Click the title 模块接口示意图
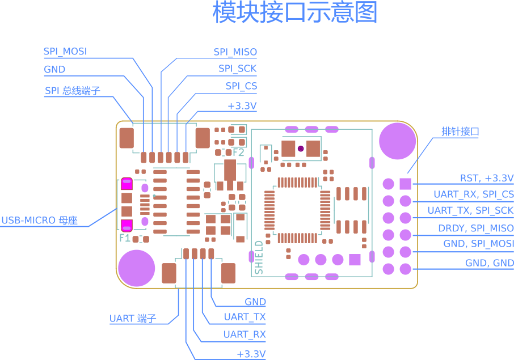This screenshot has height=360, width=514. (x=295, y=12)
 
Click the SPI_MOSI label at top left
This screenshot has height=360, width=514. (x=65, y=52)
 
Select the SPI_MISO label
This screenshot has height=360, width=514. (x=235, y=52)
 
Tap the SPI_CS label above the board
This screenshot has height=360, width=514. (x=241, y=86)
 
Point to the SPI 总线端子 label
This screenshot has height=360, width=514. (x=73, y=91)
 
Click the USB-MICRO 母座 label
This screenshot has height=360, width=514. (x=39, y=221)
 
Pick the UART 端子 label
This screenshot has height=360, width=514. (x=132, y=319)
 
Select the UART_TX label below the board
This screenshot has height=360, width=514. (x=245, y=317)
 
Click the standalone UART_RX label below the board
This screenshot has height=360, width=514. (x=245, y=334)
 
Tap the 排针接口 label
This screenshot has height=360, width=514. (x=460, y=132)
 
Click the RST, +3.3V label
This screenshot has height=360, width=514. (x=486, y=178)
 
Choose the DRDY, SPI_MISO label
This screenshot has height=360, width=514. (x=475, y=228)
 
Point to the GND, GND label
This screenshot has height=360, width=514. (x=489, y=263)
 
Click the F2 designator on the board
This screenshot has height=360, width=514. (x=238, y=153)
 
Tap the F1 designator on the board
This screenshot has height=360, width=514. (x=125, y=238)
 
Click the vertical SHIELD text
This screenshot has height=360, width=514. (x=259, y=257)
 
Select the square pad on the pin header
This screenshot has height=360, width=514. (x=405, y=184)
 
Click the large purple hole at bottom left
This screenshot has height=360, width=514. (x=136, y=267)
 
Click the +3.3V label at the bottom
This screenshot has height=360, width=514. (x=251, y=354)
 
